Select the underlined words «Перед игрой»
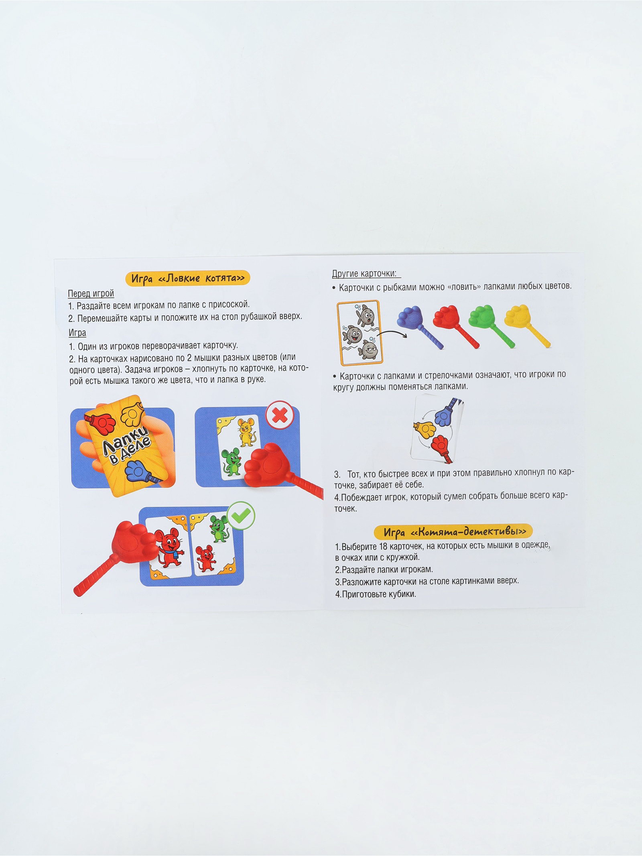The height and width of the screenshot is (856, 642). tap(91, 293)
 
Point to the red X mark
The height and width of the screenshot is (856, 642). tap(280, 415)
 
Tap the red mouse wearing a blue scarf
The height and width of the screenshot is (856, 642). tap(168, 548)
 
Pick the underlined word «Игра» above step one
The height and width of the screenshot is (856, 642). tap(77, 333)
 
